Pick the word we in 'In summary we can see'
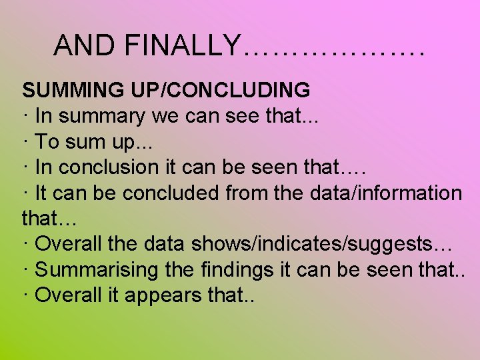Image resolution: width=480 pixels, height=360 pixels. (165, 116)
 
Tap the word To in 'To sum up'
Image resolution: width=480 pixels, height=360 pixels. (47, 141)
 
